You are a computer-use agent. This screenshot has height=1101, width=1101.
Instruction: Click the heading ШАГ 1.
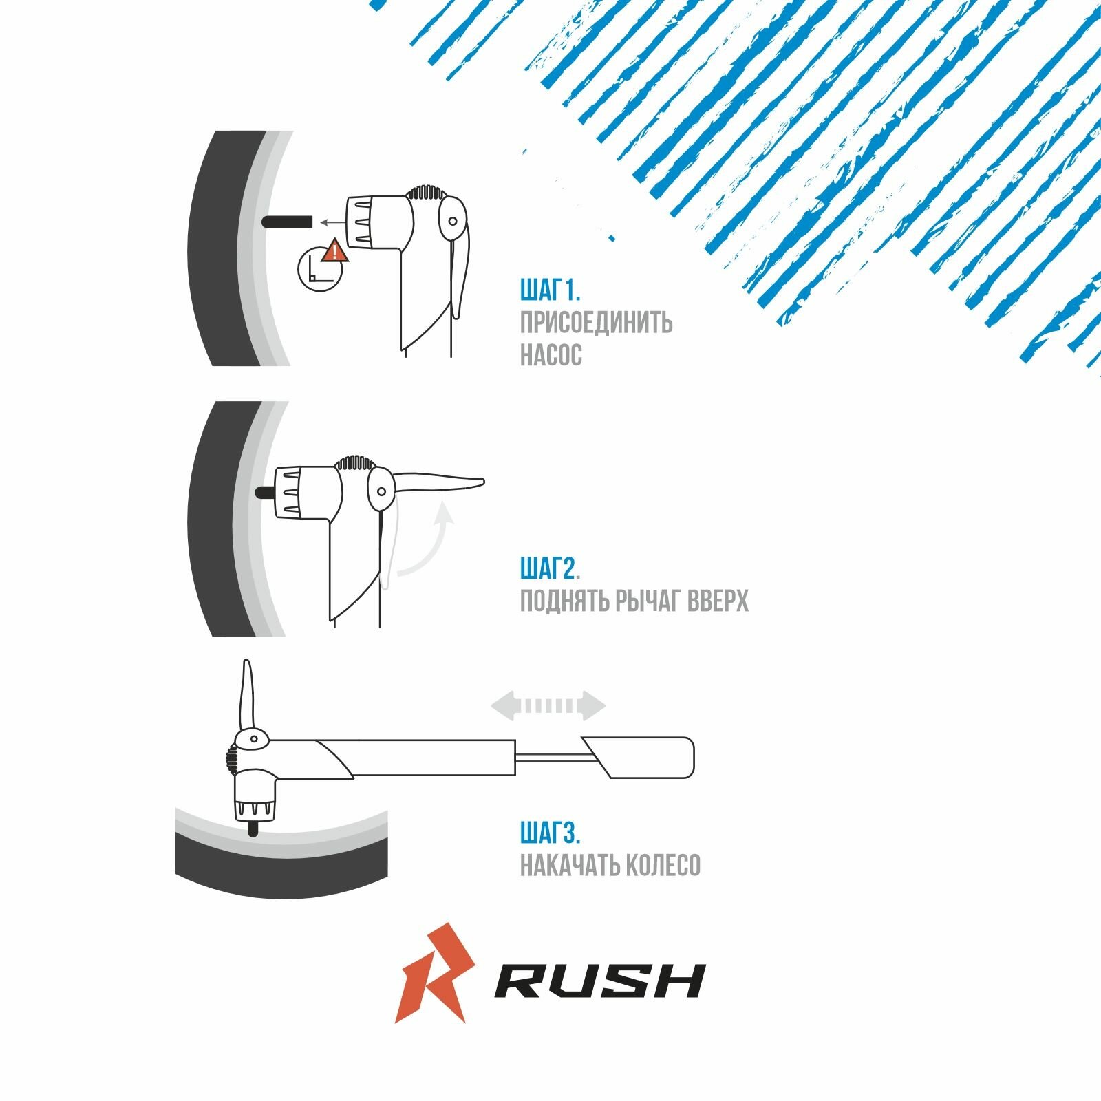click(x=550, y=291)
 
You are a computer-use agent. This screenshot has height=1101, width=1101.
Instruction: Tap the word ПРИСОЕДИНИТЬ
click(x=596, y=323)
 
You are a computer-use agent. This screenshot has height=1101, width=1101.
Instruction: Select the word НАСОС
click(x=550, y=355)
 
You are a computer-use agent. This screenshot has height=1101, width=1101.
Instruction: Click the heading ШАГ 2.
click(x=550, y=569)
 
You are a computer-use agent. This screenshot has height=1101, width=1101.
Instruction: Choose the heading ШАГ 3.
click(x=550, y=833)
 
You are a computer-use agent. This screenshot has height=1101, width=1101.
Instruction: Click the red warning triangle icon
click(x=335, y=252)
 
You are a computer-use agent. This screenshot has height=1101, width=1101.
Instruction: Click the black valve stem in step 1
click(x=287, y=222)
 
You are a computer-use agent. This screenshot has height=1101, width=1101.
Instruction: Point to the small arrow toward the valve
click(x=332, y=222)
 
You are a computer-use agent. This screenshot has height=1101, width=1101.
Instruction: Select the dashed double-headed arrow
click(x=548, y=706)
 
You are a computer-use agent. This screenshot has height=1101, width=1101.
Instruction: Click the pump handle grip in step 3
click(x=640, y=757)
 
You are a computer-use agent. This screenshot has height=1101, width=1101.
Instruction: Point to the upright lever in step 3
click(x=248, y=695)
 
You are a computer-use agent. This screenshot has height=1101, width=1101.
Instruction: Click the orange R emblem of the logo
click(x=434, y=972)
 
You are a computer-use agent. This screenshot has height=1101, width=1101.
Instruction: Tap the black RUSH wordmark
click(x=599, y=981)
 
